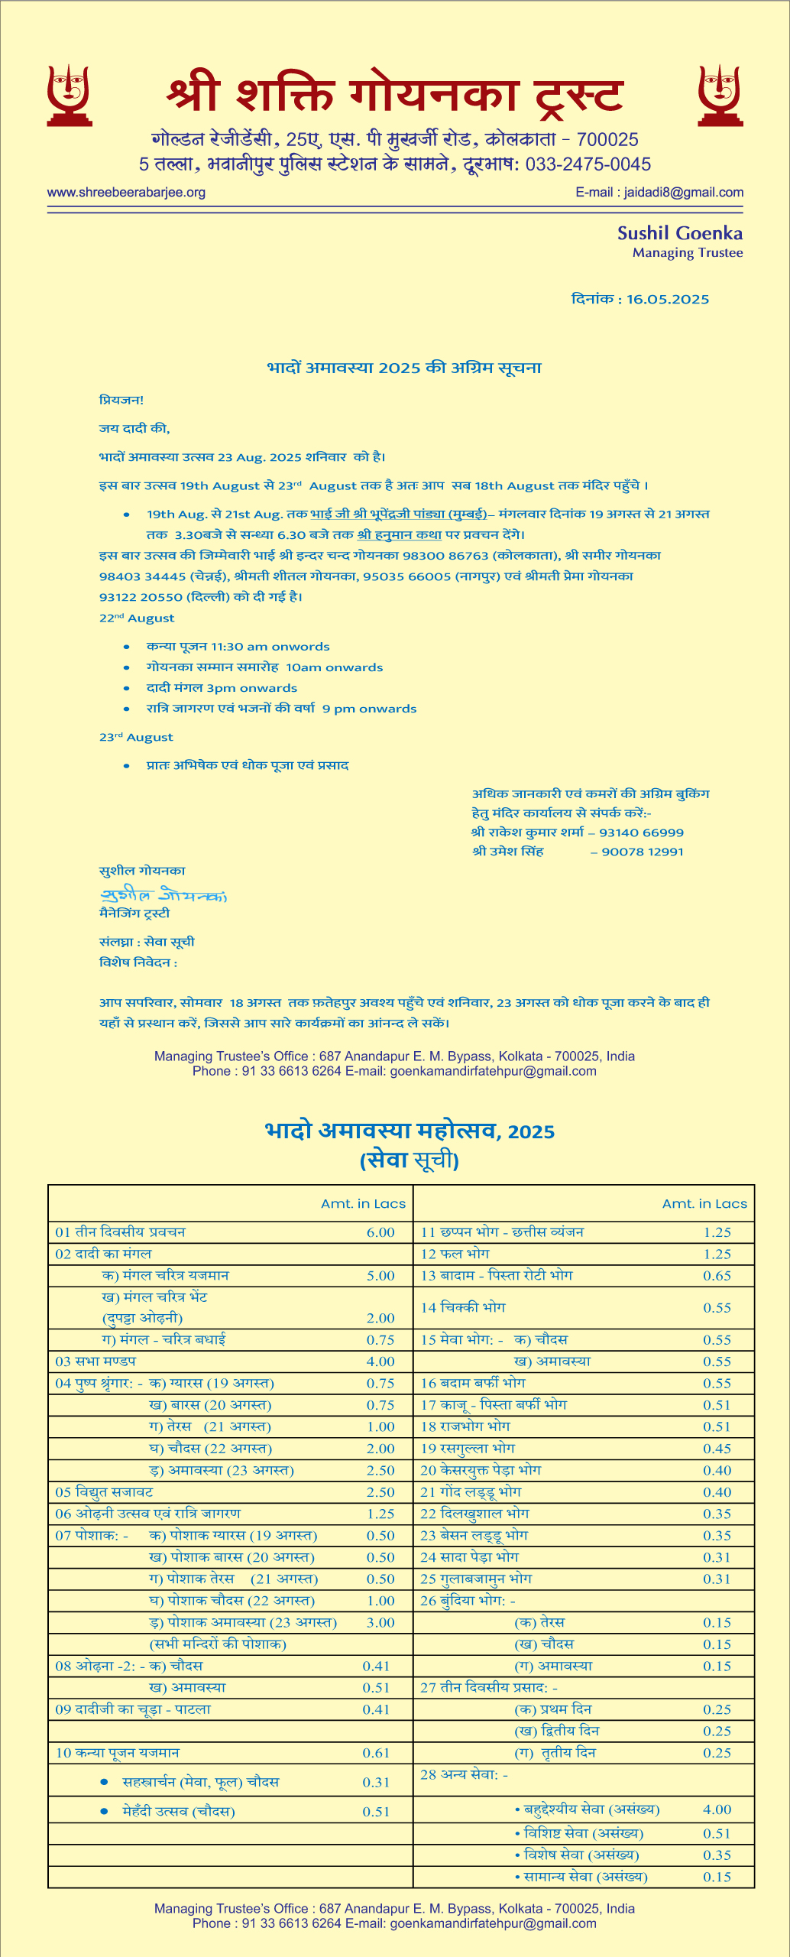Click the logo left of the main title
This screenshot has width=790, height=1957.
[70, 96]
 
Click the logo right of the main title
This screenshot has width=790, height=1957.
[720, 96]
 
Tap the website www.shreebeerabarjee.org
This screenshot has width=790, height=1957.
[126, 193]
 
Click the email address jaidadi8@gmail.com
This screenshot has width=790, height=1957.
[683, 193]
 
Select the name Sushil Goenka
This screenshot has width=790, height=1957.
[679, 233]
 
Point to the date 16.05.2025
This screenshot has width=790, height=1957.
[668, 300]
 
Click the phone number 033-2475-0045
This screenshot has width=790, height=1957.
[588, 164]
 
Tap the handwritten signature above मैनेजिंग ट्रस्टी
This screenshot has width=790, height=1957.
[163, 894]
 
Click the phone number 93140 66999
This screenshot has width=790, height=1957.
[641, 832]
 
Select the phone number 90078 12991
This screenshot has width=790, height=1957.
[643, 852]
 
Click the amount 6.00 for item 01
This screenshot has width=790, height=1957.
[380, 1232]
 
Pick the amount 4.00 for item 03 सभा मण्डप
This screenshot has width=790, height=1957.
[380, 1361]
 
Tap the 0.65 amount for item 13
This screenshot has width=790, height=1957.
[717, 1275]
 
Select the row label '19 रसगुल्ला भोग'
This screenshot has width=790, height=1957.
[468, 1448]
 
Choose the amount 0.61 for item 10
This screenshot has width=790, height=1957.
[376, 1753]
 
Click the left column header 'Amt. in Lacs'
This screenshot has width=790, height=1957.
[363, 1204]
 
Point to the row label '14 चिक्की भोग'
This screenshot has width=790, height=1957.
[463, 1307]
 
